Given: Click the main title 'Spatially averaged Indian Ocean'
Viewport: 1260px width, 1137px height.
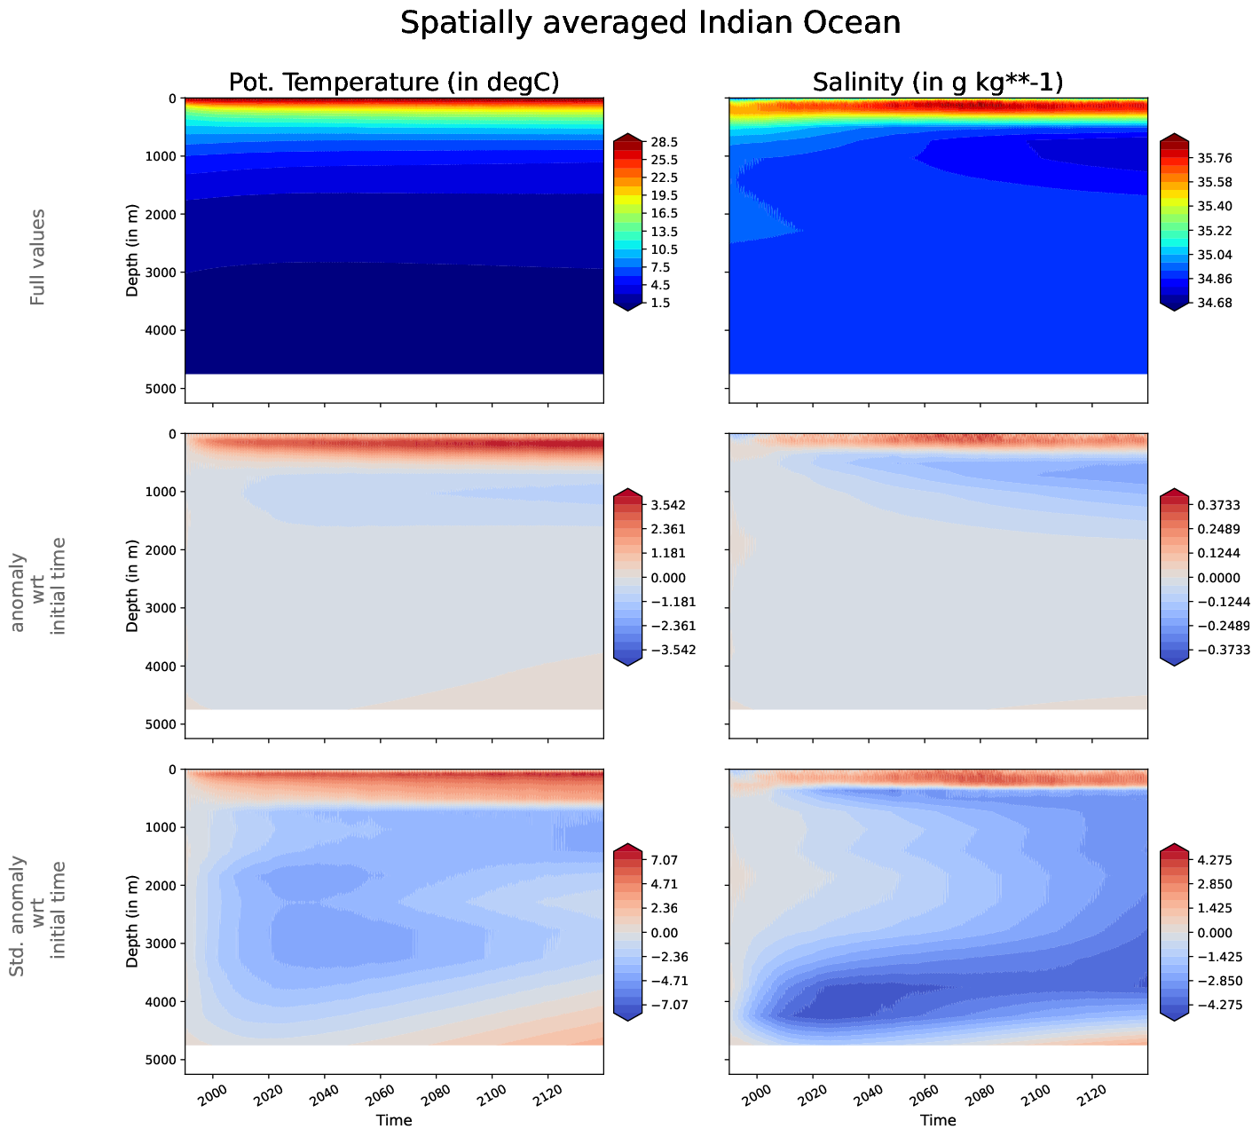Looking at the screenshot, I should click(x=650, y=23).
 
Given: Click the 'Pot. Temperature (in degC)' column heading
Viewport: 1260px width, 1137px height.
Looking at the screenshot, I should click(x=394, y=83).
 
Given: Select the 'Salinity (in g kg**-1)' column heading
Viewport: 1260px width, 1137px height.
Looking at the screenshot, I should click(x=938, y=83).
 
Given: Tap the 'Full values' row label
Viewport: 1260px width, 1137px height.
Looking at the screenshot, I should click(x=37, y=257).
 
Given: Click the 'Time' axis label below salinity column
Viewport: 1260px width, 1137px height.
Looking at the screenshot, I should click(x=938, y=1120).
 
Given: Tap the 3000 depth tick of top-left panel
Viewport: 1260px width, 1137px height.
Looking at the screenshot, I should click(x=162, y=272).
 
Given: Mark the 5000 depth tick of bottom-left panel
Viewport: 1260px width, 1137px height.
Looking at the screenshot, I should click(x=162, y=1061).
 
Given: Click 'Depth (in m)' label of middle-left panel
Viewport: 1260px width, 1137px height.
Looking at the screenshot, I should click(x=132, y=585).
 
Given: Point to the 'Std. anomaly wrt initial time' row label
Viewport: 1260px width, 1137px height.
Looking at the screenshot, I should click(x=37, y=919).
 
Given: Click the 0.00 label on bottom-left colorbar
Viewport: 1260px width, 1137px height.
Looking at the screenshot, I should click(x=665, y=933).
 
